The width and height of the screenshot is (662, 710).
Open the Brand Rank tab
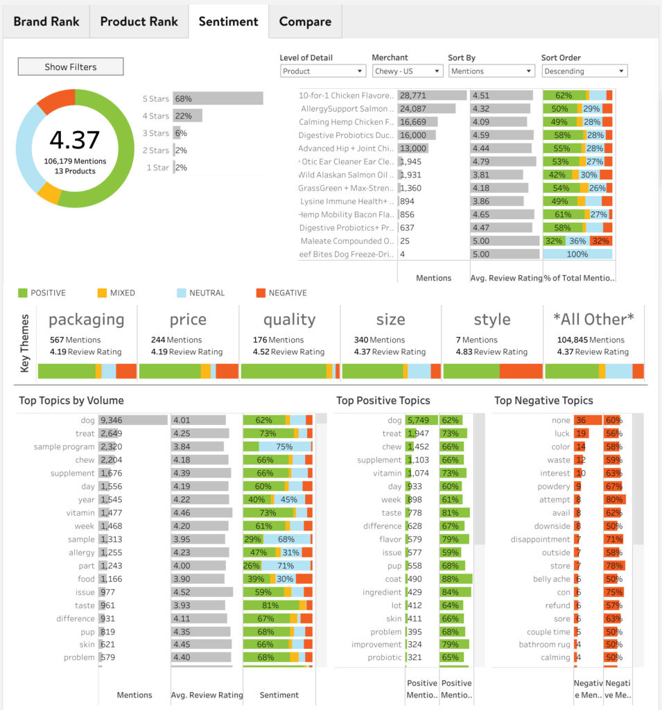46,21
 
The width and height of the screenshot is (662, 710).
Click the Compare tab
305,21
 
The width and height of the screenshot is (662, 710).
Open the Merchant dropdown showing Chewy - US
407,71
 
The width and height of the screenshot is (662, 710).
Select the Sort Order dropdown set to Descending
584,71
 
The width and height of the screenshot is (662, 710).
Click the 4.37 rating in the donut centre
74,140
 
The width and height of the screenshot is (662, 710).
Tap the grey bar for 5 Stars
218,98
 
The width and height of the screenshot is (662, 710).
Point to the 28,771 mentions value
413,96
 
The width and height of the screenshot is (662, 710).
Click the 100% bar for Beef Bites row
577,254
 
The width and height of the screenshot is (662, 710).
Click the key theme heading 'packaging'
87,320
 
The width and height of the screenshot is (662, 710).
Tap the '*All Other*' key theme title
593,320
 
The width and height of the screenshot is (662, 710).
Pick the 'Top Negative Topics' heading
543,401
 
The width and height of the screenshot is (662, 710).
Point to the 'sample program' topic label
64,447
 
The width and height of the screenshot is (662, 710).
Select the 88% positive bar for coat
455,579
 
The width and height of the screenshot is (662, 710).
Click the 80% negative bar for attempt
614,500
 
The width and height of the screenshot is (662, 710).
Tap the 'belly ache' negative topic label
552,579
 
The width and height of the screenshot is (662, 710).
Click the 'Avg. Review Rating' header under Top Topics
207,695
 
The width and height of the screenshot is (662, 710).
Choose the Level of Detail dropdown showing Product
322,71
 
